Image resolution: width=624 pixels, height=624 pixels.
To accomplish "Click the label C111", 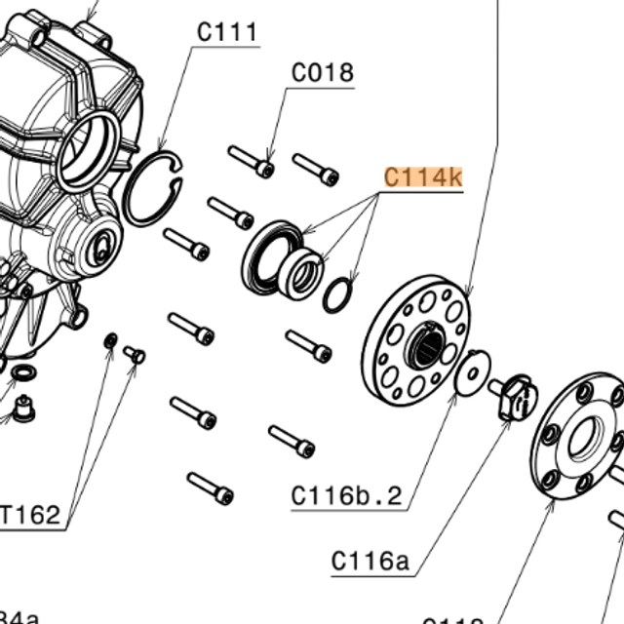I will click(227, 32).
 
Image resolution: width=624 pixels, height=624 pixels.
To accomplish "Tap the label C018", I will click(322, 73).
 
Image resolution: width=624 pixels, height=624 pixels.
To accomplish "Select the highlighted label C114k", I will click(423, 177).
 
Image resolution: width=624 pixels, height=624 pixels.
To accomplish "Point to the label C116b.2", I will click(347, 495).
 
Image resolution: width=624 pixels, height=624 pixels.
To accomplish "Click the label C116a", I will click(370, 561).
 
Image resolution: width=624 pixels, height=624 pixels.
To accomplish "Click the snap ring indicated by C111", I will click(151, 190).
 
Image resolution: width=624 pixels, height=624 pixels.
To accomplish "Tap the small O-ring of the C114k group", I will click(337, 295).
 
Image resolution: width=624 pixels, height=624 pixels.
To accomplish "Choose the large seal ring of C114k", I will click(271, 255).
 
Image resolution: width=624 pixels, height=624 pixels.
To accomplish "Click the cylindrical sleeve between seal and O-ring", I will click(301, 273).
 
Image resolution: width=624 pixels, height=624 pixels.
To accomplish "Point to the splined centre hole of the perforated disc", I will click(425, 346).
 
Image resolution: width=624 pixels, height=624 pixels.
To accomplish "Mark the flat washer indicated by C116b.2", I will click(473, 374).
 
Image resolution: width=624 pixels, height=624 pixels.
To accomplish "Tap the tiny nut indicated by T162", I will click(110, 340).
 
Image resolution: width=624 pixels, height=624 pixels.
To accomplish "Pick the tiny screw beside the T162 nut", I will click(135, 355).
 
